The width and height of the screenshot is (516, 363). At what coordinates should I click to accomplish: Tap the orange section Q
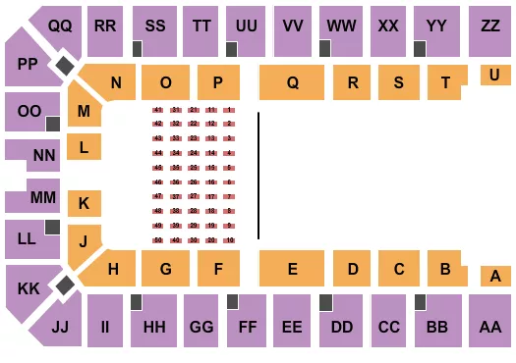coord(292,83)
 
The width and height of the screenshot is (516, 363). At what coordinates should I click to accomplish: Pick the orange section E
coord(292,268)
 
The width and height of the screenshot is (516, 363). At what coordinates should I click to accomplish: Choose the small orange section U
coord(494,75)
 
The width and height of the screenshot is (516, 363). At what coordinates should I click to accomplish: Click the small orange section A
coord(494,277)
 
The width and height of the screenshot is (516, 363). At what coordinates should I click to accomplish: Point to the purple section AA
coord(490,326)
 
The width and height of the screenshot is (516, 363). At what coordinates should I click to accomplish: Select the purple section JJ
coord(58,325)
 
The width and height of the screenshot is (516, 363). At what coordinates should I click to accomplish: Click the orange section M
coord(85,112)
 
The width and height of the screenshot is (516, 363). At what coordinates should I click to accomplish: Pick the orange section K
coord(84,204)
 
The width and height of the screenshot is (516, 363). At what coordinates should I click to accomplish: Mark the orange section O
coord(165,83)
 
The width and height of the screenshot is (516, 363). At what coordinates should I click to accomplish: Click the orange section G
coord(165,268)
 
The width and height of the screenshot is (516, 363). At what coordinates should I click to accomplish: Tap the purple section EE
coord(291,326)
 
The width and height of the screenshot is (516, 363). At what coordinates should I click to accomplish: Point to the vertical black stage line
coord(258,176)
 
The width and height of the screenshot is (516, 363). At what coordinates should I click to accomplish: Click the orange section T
coord(446,83)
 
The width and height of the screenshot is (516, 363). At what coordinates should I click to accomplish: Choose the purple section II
coord(104,326)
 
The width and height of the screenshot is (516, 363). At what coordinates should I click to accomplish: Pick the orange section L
coord(85,148)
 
